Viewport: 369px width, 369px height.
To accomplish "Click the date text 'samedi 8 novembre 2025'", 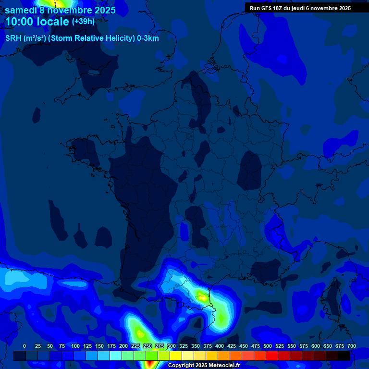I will [60, 10].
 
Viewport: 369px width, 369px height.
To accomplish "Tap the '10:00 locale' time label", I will [37, 22].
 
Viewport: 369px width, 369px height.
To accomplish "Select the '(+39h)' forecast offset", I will [83, 22].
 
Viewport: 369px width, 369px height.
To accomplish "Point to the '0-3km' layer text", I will [148, 38].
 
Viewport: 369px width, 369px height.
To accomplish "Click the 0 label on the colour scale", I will [25, 346].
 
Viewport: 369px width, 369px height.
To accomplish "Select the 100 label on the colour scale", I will [75, 346].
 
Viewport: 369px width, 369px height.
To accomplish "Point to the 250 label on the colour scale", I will [147, 346].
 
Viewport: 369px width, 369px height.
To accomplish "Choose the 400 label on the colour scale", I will [220, 346].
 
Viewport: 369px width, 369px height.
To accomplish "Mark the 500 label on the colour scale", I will [268, 346].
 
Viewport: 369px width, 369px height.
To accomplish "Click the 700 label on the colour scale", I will [351, 346].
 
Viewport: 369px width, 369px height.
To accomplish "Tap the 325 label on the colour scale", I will [184, 346].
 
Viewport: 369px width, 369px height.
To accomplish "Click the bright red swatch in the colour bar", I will [272, 356].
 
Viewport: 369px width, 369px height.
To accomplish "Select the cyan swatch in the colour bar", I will [116, 356].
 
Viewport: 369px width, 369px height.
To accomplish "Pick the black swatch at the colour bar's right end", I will [344, 356].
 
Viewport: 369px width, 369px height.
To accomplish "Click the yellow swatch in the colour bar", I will [176, 356].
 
